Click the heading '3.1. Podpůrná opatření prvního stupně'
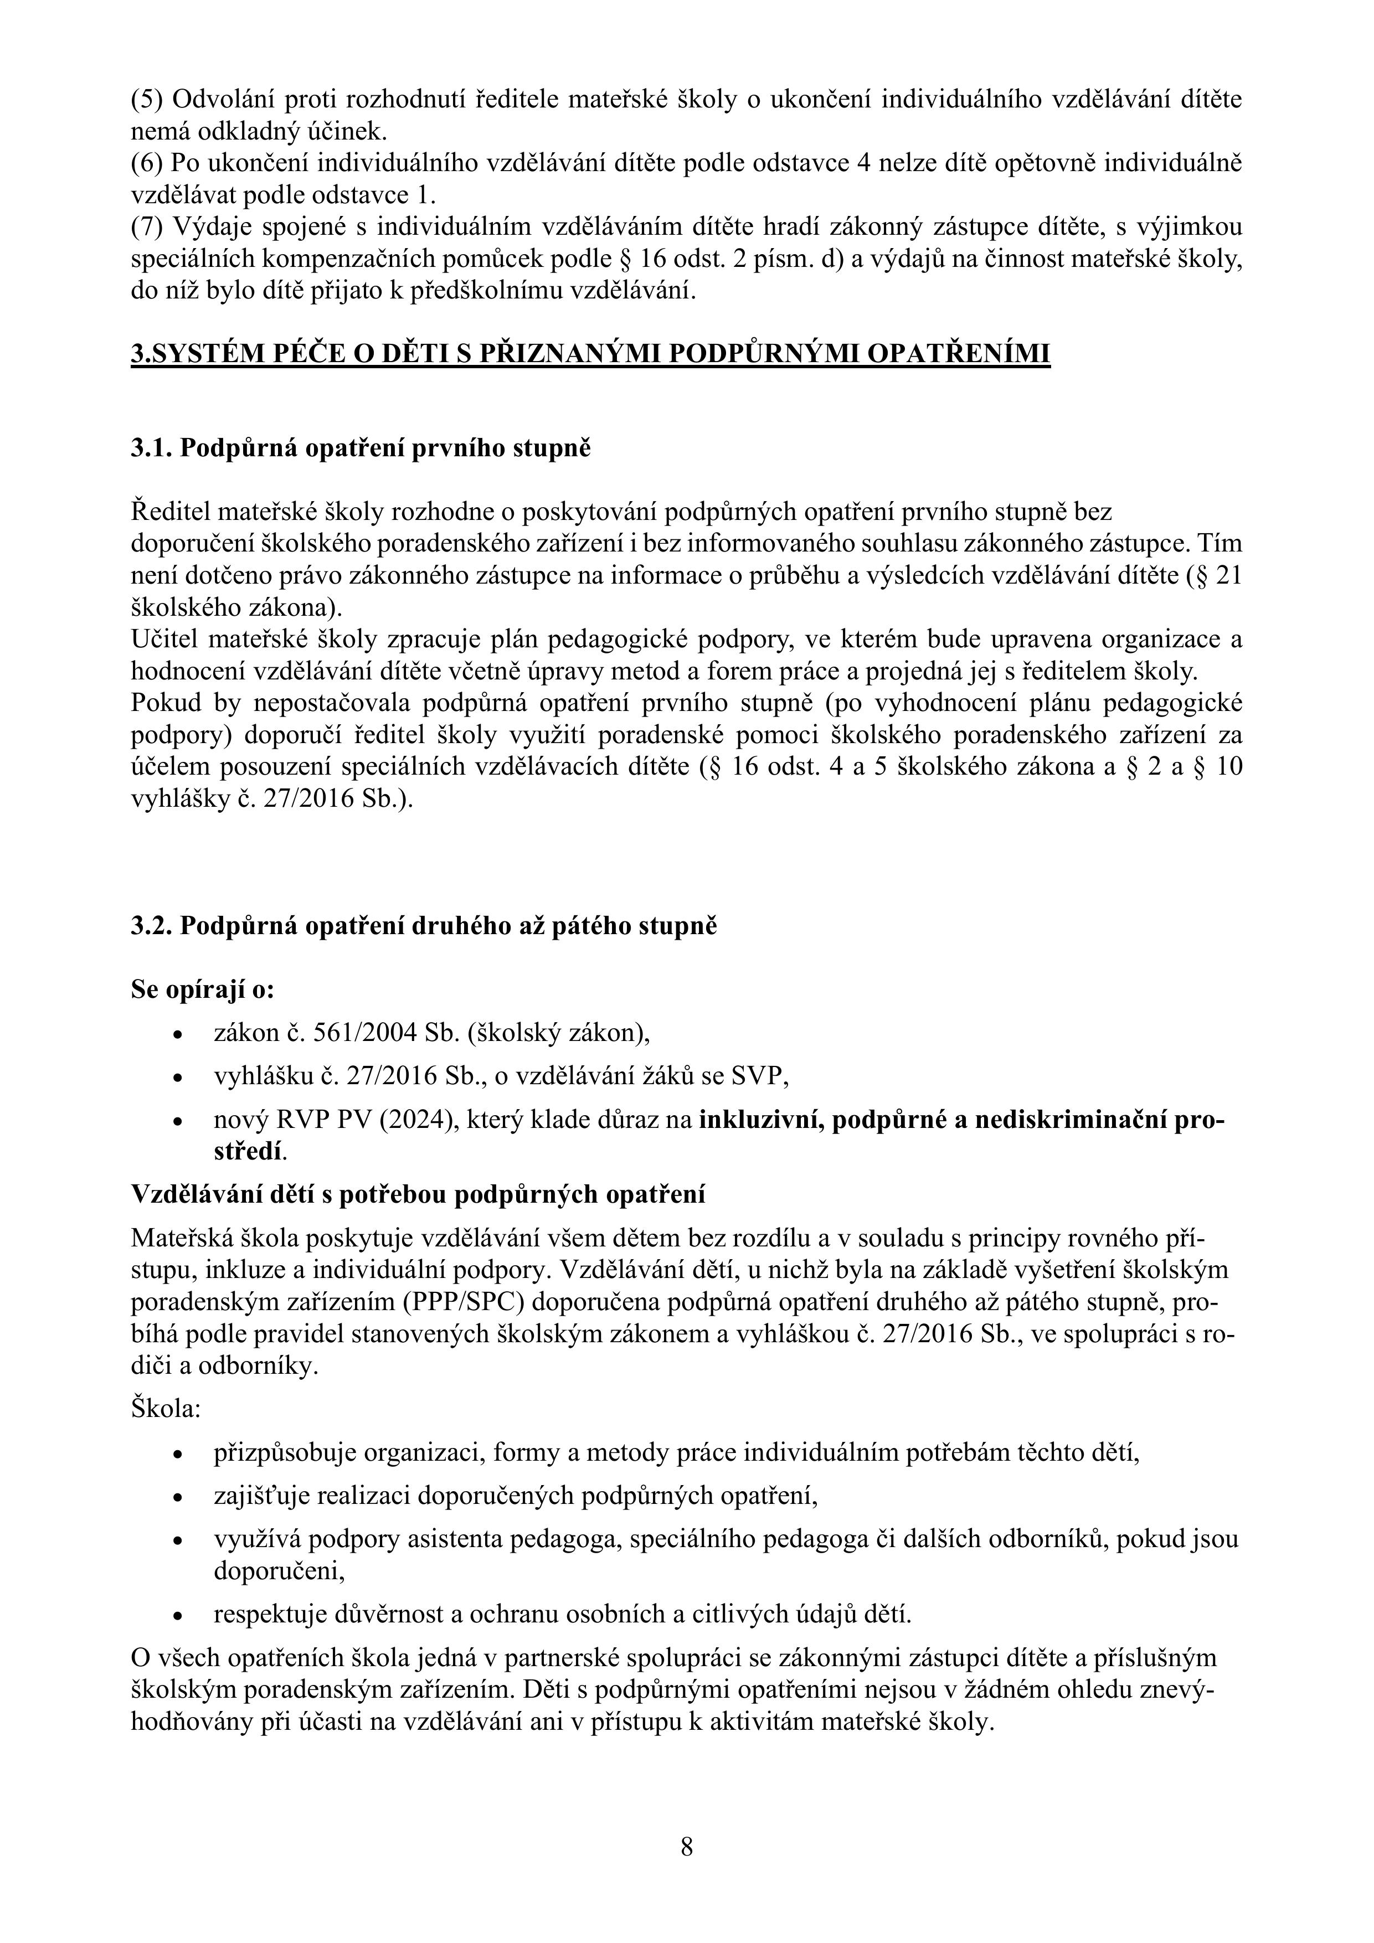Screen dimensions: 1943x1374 point(361,447)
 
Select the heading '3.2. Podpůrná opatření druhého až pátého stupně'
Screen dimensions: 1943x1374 point(423,926)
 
